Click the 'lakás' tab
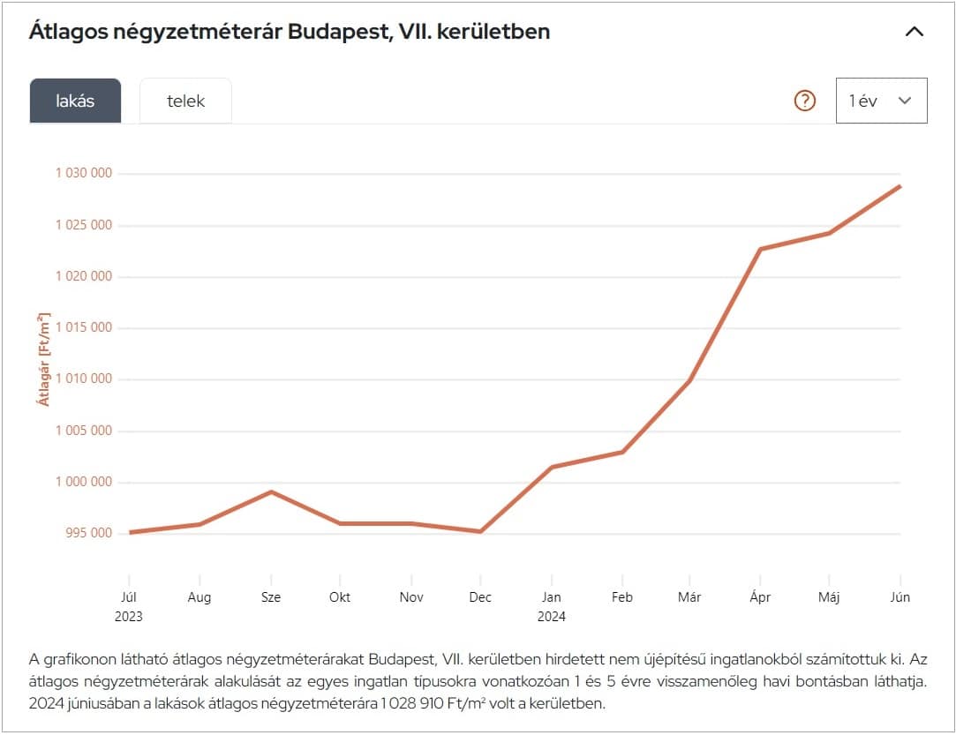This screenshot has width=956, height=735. pos(75,101)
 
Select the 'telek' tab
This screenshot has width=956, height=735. pos(185,101)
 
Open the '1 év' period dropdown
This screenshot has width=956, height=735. pos(881,101)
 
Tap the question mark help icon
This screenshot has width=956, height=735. pos(805,101)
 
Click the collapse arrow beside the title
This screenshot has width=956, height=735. pos(915,32)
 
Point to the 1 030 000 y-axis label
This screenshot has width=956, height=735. pos(84,173)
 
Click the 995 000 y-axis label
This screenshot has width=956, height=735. pos(84,533)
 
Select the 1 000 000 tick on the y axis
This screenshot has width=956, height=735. pos(84,482)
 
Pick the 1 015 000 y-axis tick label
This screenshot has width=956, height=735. pos(84,327)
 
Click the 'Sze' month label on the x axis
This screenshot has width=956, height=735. pos(271,597)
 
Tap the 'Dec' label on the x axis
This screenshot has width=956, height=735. pos(480,597)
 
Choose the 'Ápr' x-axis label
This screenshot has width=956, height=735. pos(760,597)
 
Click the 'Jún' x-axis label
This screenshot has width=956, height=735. pos(900,597)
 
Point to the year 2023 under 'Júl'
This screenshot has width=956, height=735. pos(129,617)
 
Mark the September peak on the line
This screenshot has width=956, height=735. pos(271,491)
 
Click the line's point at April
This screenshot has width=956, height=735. pos(760,249)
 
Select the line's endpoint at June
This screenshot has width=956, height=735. pos(900,186)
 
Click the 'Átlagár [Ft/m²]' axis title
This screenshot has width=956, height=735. pos(43,359)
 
